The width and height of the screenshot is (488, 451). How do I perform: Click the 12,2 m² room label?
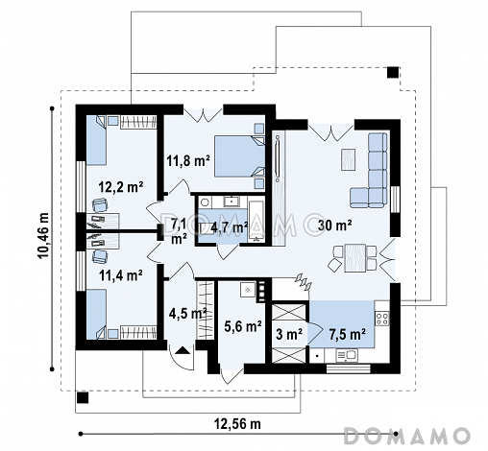coord(121,187)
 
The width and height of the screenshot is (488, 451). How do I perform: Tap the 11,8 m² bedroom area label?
coord(188,160)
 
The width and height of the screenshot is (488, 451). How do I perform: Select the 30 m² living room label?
coord(335,225)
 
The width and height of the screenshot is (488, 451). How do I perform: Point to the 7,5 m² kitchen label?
coord(348,335)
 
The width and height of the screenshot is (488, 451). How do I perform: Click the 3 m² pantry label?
coord(289,335)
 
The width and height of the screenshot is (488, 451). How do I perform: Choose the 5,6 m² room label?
coord(243,326)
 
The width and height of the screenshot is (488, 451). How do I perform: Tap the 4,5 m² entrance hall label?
coord(187,314)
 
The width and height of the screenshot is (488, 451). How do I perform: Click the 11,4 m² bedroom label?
coord(121,275)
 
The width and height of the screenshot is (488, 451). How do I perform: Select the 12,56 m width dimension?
coord(237,424)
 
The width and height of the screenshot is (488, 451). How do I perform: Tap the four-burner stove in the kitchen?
coord(382,319)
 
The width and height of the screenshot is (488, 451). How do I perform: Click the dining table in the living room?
coord(355,257)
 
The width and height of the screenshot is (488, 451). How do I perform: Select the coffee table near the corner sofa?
coord(348,159)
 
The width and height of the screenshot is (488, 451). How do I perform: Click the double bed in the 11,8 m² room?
coord(239,156)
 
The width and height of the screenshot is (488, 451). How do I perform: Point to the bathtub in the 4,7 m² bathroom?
coord(256,222)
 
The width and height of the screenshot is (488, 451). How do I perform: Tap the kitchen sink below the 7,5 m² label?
coord(347,355)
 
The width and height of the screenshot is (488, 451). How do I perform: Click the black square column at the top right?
coord(393,72)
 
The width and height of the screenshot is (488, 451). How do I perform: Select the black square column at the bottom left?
coord(83,397)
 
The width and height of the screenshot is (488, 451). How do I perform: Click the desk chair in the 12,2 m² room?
coord(100,204)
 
